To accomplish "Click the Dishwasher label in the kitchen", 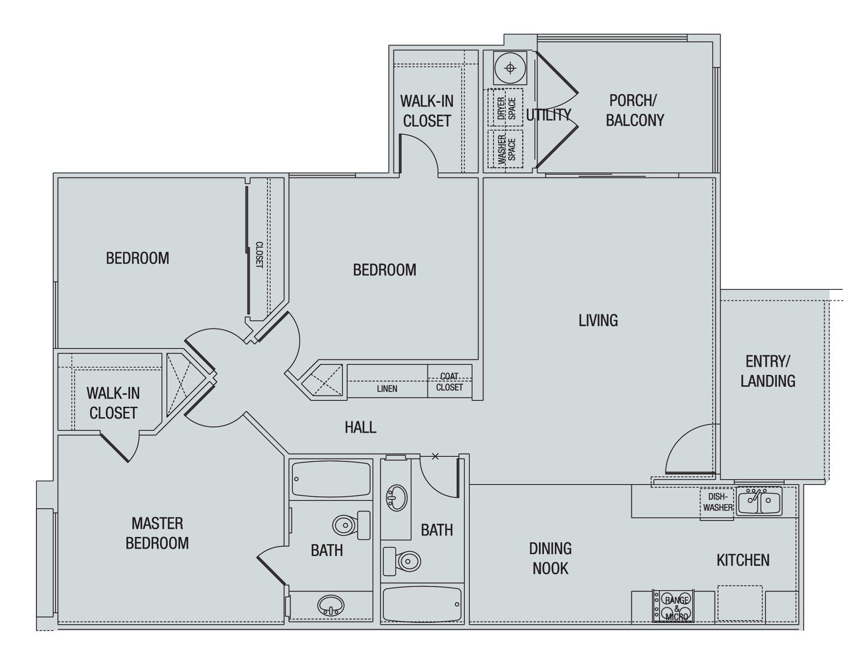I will point(717,502).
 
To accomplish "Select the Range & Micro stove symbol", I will point(674,606).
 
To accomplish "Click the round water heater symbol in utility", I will point(510,68).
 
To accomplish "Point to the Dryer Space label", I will point(506,108).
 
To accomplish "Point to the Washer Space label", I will point(506,149).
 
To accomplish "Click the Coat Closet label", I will point(449,382).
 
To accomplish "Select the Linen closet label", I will point(387,389).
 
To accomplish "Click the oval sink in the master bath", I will point(331,605).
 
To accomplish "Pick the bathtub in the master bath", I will point(331,479).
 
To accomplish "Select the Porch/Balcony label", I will point(634,110).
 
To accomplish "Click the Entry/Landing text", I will point(768,371).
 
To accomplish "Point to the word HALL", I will point(360,427).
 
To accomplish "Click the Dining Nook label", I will point(550,558).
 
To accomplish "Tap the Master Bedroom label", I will point(157,533).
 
